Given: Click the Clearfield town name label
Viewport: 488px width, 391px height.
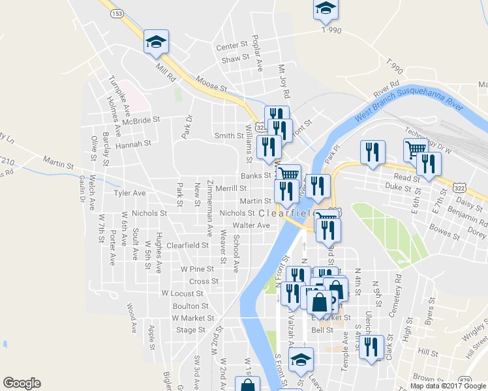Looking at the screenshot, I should (x=286, y=214).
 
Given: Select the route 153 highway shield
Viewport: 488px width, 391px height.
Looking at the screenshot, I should (x=117, y=13).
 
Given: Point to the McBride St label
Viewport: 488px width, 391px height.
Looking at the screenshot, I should (x=141, y=121).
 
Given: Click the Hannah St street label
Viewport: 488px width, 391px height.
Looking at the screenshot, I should (x=133, y=143).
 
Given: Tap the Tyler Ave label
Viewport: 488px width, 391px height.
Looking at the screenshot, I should (x=130, y=193).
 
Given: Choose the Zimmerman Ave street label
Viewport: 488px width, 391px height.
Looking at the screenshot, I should (x=209, y=207).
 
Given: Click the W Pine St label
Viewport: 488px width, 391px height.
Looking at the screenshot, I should (x=197, y=268).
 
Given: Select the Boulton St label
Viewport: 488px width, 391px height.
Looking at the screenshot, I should (x=191, y=306).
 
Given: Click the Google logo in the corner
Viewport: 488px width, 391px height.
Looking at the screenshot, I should (x=22, y=383).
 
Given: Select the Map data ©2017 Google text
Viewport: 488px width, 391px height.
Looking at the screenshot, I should (x=448, y=386).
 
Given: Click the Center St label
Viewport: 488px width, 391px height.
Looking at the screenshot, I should (x=234, y=47).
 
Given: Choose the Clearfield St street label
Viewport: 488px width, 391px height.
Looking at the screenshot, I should (x=187, y=246).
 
